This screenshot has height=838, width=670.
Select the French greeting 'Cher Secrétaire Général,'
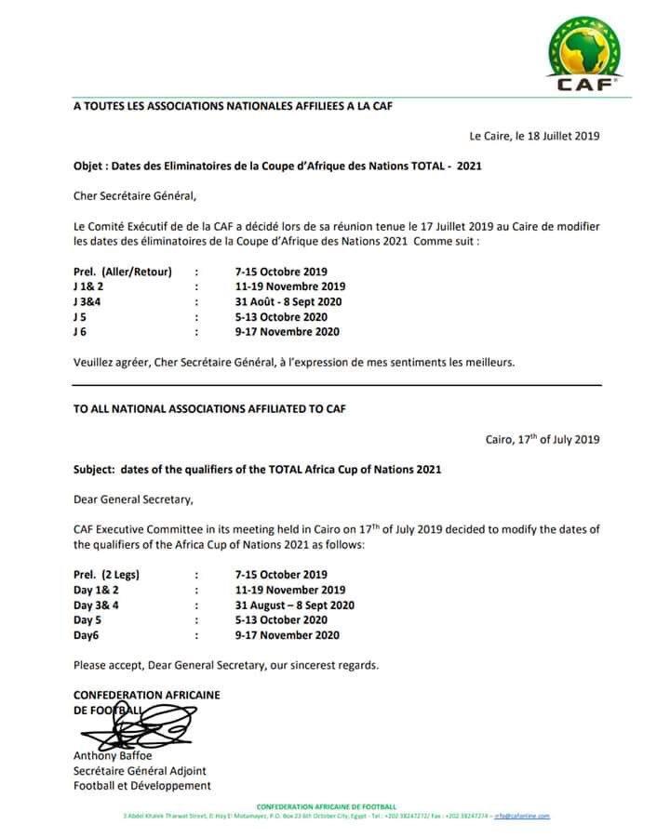coord(136,196)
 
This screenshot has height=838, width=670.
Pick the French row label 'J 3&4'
coord(88,301)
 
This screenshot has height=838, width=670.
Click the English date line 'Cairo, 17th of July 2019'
coord(543,439)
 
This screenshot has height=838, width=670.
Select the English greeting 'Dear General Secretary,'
coord(133,499)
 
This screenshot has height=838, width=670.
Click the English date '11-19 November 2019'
coord(290,590)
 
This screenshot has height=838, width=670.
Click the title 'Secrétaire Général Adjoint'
coord(140,770)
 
